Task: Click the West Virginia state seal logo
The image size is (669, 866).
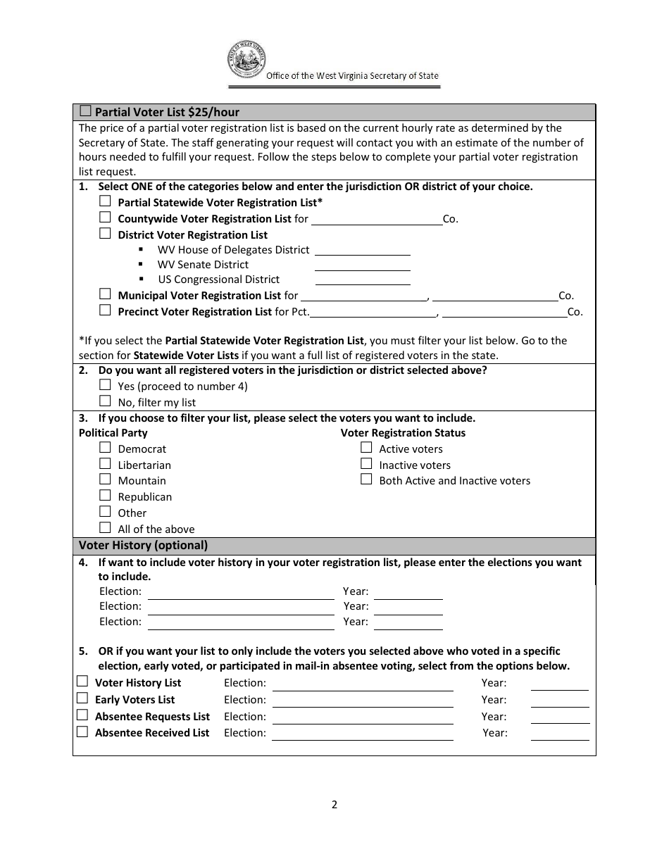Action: [246, 61]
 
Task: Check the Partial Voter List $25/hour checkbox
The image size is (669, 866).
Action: [85, 111]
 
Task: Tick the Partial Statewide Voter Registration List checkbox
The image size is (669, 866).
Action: [105, 201]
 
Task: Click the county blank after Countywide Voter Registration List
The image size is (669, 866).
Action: [376, 219]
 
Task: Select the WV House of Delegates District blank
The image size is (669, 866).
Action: [362, 250]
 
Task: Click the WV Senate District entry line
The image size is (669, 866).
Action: [362, 265]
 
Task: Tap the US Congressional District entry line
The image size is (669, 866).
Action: [362, 280]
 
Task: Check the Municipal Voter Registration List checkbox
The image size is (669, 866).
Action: [105, 294]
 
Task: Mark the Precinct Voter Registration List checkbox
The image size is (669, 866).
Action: [105, 310]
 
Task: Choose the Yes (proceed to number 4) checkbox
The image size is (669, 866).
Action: [105, 385]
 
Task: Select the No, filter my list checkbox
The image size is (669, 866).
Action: [105, 401]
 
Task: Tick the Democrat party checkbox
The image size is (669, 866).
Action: [105, 448]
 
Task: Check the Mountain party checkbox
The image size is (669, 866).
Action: [105, 479]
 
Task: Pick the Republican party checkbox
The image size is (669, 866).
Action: [105, 496]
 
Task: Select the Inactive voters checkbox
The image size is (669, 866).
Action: [366, 464]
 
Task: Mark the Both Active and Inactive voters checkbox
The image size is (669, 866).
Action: [366, 479]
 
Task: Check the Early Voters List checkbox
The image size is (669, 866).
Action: [82, 698]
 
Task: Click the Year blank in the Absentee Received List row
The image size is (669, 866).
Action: [560, 734]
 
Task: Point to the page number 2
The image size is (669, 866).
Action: [334, 805]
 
